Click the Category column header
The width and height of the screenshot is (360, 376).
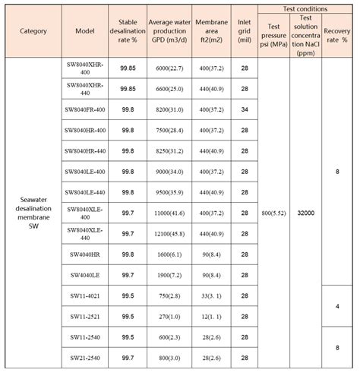click(x=34, y=32)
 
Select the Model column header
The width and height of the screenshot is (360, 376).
click(x=84, y=32)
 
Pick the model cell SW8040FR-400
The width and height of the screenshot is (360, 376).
click(x=84, y=109)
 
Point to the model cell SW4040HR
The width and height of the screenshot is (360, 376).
click(x=84, y=254)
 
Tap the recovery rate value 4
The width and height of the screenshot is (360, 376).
click(x=337, y=305)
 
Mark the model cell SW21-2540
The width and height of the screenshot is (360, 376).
click(x=84, y=357)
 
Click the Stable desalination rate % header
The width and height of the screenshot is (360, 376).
click(x=128, y=32)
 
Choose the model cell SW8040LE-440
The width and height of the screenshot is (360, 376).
click(x=84, y=192)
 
